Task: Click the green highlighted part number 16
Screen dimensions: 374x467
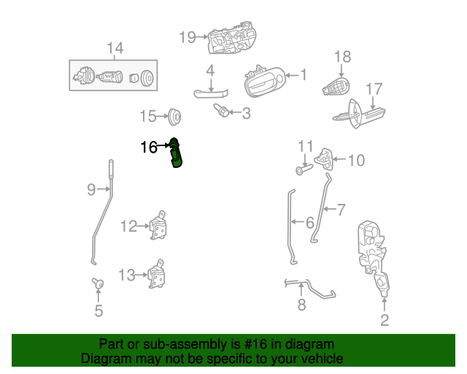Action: [x=176, y=153]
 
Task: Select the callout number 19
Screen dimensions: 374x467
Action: [x=187, y=37]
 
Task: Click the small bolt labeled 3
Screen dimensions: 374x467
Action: [x=220, y=111]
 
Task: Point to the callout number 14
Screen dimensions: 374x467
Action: [x=115, y=49]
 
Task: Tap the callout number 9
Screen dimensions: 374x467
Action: [x=91, y=190]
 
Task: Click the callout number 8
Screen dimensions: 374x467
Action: [x=301, y=305]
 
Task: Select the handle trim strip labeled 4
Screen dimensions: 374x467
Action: [x=211, y=91]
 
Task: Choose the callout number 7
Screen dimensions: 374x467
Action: [x=340, y=210]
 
